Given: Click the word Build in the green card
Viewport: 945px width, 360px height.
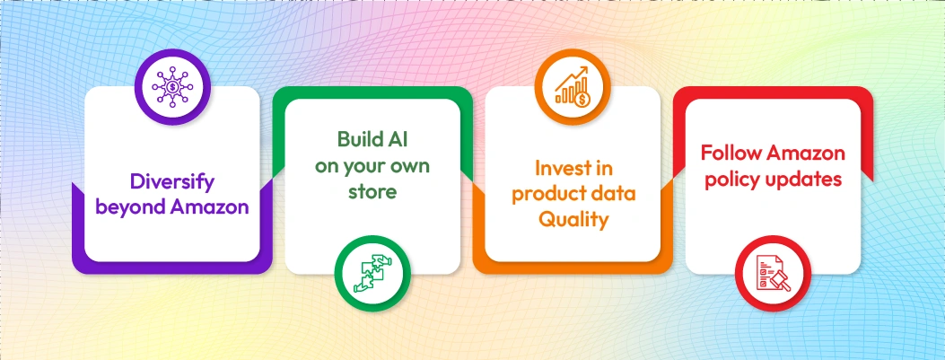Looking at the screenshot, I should [x=356, y=139].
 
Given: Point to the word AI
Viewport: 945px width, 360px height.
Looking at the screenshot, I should [x=400, y=139].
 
